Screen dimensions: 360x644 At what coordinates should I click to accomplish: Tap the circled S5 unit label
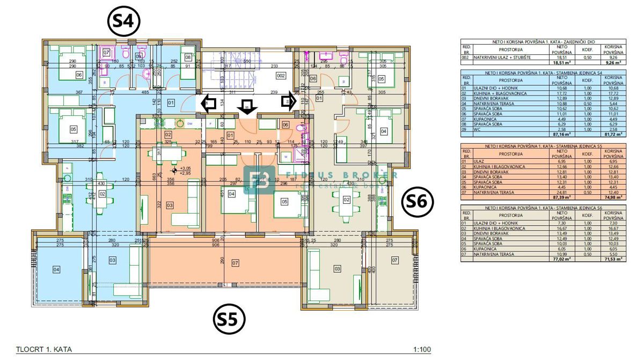[229, 319]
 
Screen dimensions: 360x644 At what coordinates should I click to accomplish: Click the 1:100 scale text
[422, 350]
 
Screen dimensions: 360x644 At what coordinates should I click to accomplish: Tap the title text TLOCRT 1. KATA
[44, 350]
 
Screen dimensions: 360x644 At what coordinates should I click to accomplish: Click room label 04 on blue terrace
[56, 269]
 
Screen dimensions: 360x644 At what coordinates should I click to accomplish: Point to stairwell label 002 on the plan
[280, 76]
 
